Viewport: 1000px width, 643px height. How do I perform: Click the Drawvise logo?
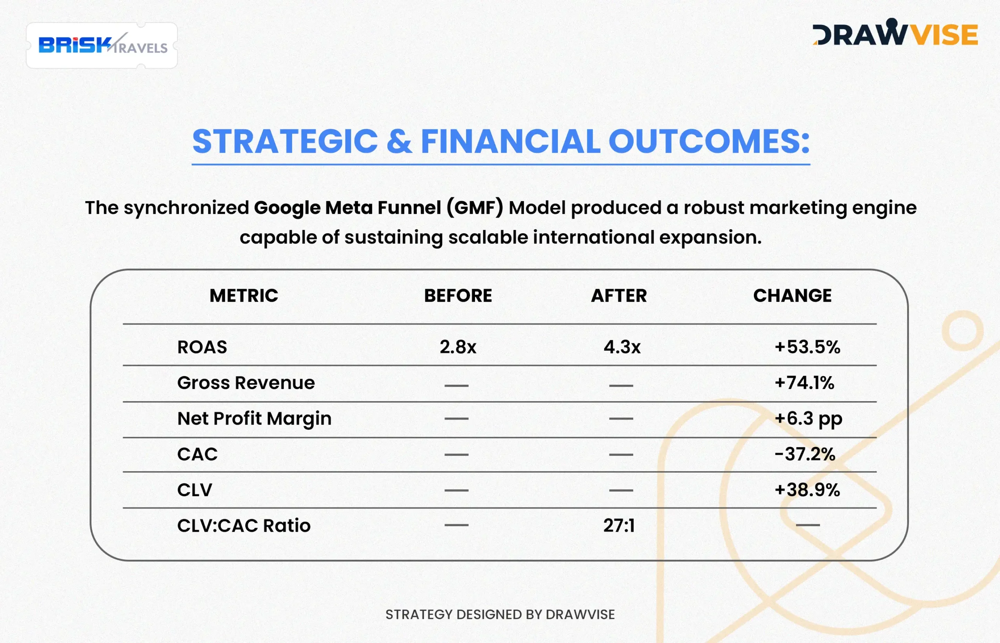895,32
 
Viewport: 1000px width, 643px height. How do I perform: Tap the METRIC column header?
244,296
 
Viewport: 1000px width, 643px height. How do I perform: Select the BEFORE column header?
458,296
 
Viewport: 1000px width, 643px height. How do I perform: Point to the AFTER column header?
619,296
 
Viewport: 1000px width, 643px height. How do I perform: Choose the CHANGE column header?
792,296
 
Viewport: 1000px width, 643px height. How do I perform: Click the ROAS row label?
202,347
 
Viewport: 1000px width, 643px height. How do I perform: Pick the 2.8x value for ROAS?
458,347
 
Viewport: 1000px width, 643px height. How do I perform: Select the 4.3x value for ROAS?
622,347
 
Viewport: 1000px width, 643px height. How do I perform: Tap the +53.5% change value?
807,347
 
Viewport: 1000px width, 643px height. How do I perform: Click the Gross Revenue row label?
246,383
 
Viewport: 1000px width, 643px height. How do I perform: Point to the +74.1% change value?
804,383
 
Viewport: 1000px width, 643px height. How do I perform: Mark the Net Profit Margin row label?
254,419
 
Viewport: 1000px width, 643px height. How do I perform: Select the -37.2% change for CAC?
805,454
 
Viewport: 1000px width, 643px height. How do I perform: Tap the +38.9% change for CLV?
807,490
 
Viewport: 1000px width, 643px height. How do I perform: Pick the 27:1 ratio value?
619,526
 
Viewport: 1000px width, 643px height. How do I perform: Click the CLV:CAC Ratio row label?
244,526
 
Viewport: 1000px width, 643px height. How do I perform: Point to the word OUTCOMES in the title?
709,141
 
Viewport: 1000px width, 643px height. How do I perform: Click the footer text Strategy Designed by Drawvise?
500,614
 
